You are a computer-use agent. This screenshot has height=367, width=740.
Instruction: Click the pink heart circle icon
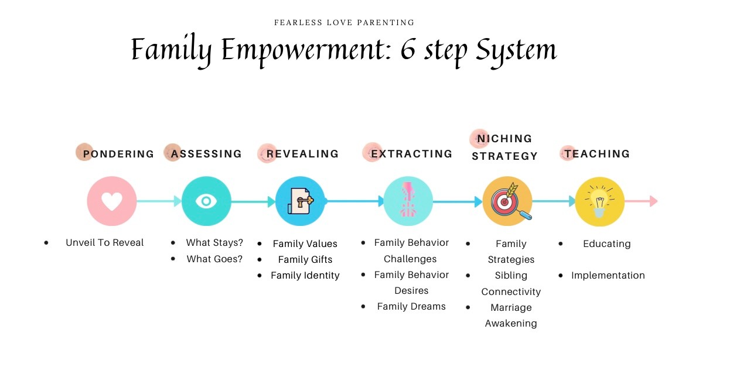tap(112, 201)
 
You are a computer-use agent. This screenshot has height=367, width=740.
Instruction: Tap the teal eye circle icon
tap(206, 201)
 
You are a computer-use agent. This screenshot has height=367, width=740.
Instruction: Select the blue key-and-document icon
tap(300, 201)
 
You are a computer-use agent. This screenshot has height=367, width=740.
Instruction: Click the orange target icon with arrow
tap(507, 201)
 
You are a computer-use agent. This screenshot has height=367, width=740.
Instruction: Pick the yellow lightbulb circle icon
tap(599, 202)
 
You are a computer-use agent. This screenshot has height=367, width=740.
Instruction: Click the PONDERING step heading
tap(118, 154)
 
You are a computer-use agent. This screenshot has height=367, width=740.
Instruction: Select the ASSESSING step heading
tap(206, 154)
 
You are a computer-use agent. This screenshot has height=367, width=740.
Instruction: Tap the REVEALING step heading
tap(302, 154)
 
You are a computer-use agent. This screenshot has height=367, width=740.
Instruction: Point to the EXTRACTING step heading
tap(412, 154)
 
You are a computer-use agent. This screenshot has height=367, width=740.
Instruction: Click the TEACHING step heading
tap(597, 154)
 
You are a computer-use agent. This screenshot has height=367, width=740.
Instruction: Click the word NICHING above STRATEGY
tap(504, 139)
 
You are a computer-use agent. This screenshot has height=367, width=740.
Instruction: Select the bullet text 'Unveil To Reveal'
tap(105, 242)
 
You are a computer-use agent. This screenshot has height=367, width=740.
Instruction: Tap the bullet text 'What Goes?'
tap(214, 259)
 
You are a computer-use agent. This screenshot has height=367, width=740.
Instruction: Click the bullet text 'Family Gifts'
tap(305, 259)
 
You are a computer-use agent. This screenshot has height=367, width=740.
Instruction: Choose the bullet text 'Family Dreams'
tap(411, 307)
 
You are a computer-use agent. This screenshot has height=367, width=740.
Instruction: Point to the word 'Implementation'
tap(608, 275)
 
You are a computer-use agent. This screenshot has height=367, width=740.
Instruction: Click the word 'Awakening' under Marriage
tap(511, 324)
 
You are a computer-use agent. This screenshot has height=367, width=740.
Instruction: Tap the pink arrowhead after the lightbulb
tap(653, 201)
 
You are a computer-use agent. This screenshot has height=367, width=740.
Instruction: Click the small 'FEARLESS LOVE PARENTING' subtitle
tap(345, 22)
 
